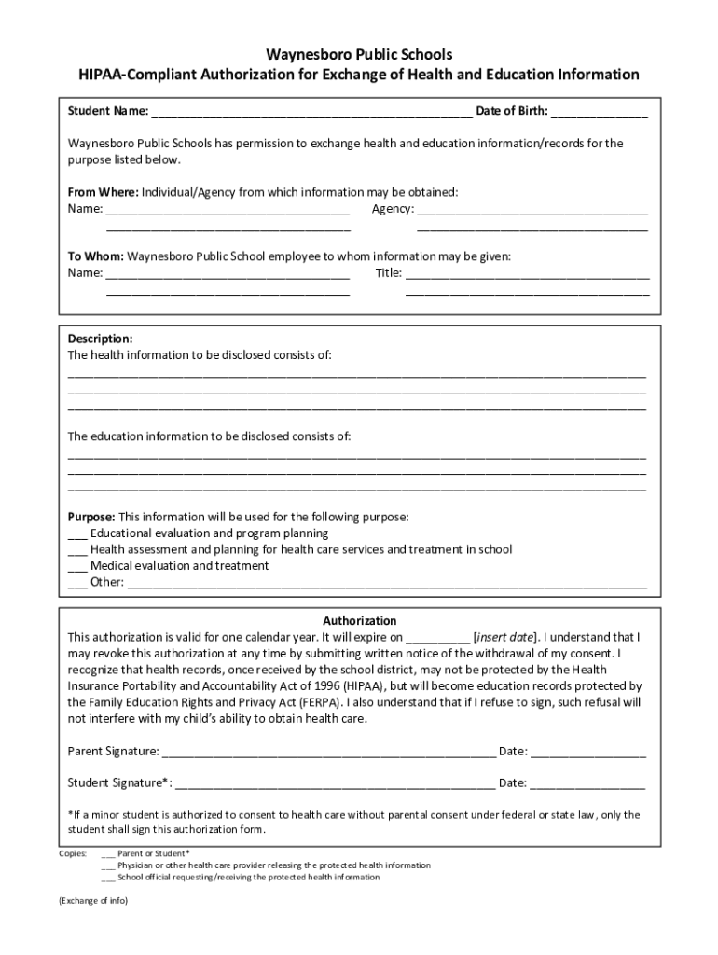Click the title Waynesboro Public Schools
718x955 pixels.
pyautogui.click(x=359, y=55)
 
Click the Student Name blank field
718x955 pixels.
pyautogui.click(x=311, y=114)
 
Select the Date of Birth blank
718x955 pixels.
pyautogui.click(x=599, y=114)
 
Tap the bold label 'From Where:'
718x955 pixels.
pyautogui.click(x=103, y=192)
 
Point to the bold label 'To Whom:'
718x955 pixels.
pyautogui.click(x=96, y=256)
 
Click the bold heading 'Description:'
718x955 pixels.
pyautogui.click(x=100, y=339)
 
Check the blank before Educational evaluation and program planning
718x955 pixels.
pyautogui.click(x=77, y=534)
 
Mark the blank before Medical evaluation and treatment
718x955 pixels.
pyautogui.click(x=77, y=567)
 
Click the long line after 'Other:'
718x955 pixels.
pyautogui.click(x=386, y=584)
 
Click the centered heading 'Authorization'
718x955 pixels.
pyautogui.click(x=359, y=620)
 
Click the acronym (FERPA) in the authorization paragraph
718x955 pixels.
pyautogui.click(x=320, y=701)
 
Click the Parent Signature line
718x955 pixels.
pyautogui.click(x=328, y=752)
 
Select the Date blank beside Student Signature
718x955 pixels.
pyautogui.click(x=587, y=783)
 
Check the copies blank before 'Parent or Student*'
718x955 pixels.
pyautogui.click(x=108, y=853)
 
